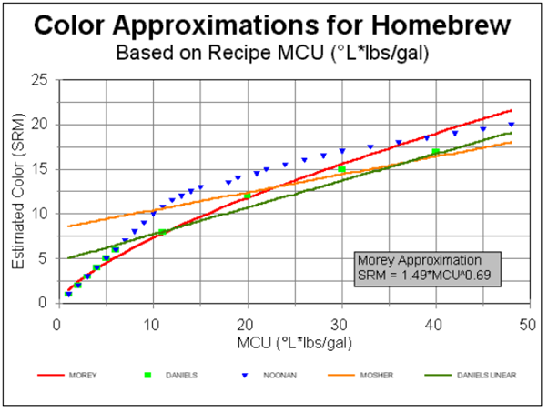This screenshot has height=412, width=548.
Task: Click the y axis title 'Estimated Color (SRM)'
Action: point(18,191)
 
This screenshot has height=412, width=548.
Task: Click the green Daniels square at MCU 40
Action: point(436,152)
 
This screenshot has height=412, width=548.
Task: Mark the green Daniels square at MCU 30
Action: point(341,169)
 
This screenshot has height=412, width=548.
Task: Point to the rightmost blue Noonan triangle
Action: point(512,125)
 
